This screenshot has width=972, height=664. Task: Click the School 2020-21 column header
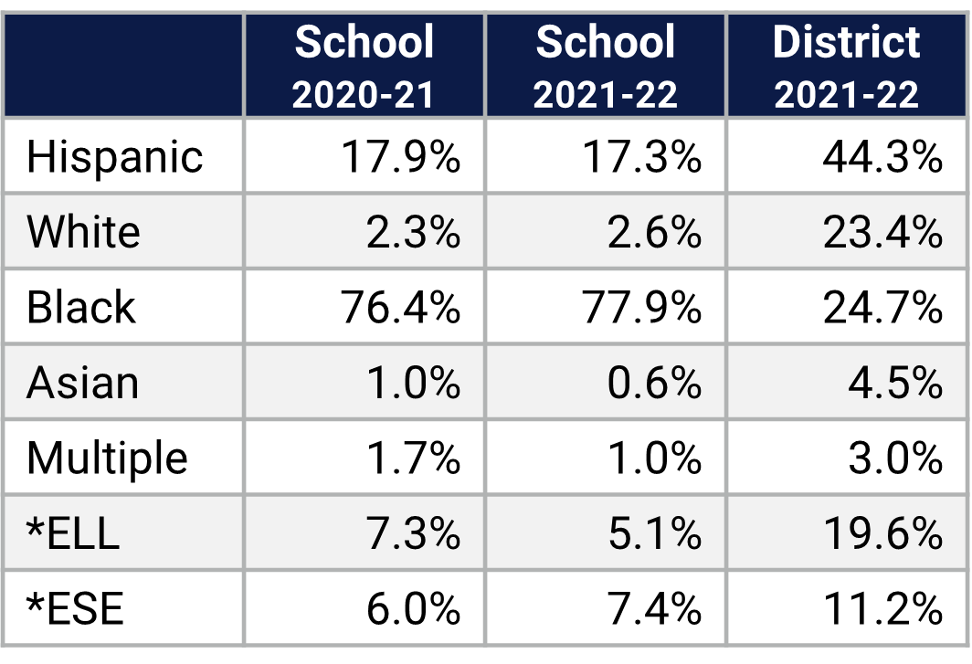click(364, 67)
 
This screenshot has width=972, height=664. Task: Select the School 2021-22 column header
click(606, 67)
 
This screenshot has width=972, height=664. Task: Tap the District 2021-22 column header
click(847, 67)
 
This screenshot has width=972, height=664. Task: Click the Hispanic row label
click(114, 157)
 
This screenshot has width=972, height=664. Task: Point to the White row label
click(83, 232)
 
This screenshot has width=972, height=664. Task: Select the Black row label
click(80, 307)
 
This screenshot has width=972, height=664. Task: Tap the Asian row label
click(82, 383)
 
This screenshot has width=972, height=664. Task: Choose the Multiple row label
click(107, 458)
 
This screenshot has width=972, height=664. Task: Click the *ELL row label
click(73, 532)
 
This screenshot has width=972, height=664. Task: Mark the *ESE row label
click(75, 608)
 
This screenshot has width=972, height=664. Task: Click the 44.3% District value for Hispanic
click(882, 157)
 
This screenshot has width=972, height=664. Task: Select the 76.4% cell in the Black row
click(400, 307)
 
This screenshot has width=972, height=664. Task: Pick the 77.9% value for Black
click(641, 307)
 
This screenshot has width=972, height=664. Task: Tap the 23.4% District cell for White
click(882, 232)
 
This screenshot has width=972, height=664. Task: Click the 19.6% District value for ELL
click(882, 532)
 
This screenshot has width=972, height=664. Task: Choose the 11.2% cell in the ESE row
click(882, 608)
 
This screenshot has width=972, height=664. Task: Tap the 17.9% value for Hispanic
click(400, 157)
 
